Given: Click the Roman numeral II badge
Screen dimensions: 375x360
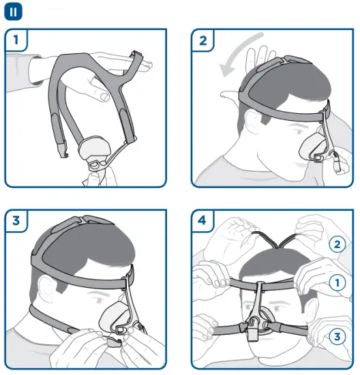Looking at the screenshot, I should pos(14,11).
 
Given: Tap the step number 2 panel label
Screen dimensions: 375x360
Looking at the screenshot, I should pos(202,40).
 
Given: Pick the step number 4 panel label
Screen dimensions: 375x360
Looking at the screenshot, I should pos(202,220).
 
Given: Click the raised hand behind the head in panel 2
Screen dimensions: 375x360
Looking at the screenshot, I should pos(257,61).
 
